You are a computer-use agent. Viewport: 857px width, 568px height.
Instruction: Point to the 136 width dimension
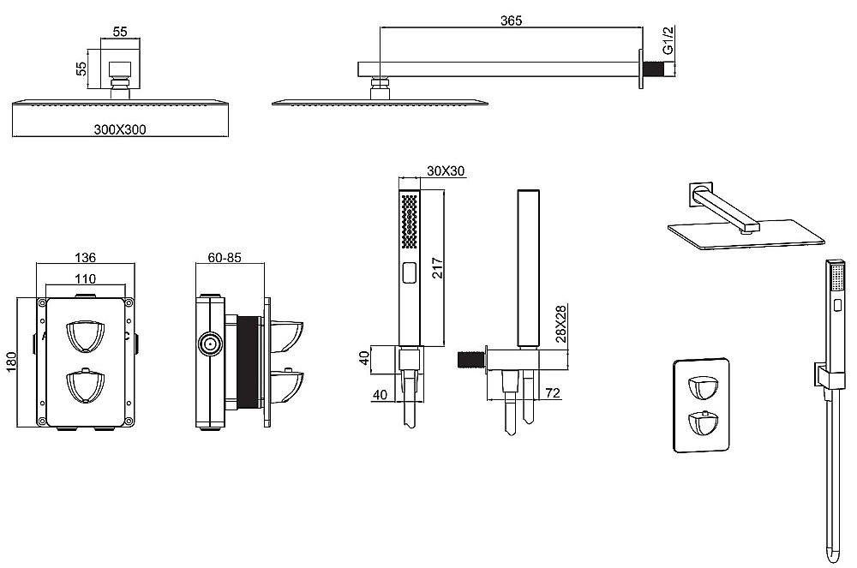pyautogui.click(x=85, y=257)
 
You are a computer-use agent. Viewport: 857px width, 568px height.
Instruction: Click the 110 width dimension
pyautogui.click(x=84, y=278)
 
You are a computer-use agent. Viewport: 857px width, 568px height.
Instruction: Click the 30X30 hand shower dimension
pyautogui.click(x=446, y=171)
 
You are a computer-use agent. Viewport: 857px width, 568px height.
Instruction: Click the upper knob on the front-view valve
pyautogui.click(x=85, y=335)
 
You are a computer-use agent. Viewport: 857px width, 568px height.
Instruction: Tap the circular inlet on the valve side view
pyautogui.click(x=207, y=344)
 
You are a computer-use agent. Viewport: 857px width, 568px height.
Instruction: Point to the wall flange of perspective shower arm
pyautogui.click(x=700, y=192)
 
